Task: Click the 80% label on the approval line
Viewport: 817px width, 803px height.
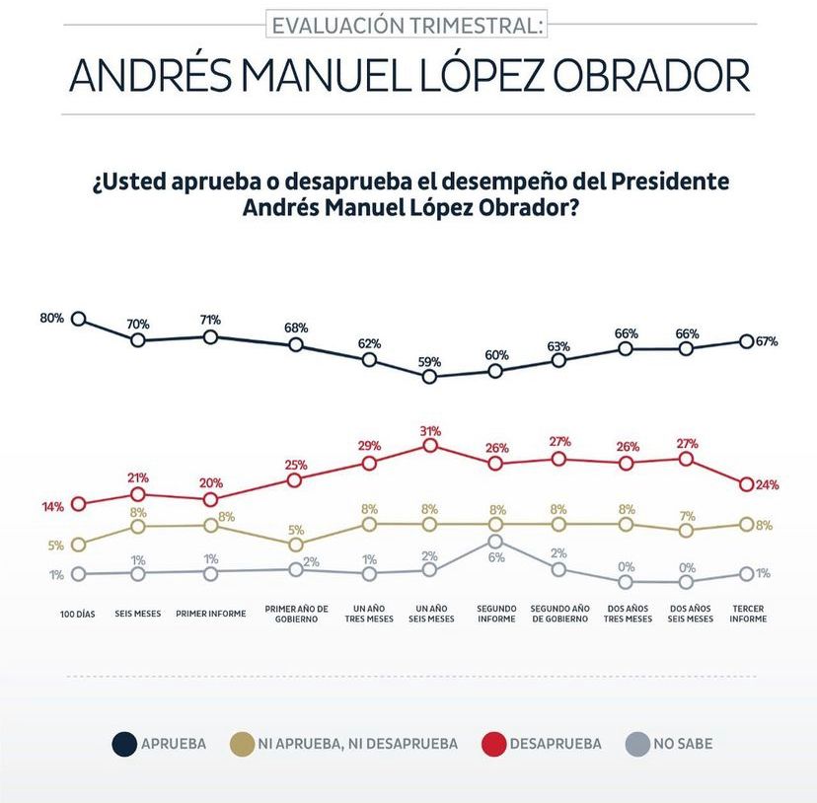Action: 51,318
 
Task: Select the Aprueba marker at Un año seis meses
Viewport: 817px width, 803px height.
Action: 429,376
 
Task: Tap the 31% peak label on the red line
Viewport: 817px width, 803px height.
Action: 429,431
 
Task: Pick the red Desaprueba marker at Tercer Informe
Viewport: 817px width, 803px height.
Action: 747,484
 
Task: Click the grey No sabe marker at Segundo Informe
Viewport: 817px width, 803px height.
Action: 495,541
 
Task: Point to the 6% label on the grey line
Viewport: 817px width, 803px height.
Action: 495,557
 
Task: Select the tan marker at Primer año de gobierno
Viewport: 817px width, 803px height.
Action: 295,545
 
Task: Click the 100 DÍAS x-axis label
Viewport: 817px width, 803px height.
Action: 78,613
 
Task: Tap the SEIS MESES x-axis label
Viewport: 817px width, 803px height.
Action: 138,613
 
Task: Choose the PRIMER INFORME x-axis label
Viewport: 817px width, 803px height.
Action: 210,613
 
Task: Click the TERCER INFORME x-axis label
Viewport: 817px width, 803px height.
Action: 747,613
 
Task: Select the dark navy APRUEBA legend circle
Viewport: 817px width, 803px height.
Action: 124,744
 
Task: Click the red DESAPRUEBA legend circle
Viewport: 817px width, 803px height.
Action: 492,744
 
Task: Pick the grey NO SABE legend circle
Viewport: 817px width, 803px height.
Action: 637,744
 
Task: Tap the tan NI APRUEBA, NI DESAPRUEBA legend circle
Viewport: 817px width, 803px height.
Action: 240,744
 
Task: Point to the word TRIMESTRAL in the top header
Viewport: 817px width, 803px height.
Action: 473,25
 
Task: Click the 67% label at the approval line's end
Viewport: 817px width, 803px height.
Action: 768,341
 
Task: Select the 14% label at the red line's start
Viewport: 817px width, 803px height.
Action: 52,506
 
